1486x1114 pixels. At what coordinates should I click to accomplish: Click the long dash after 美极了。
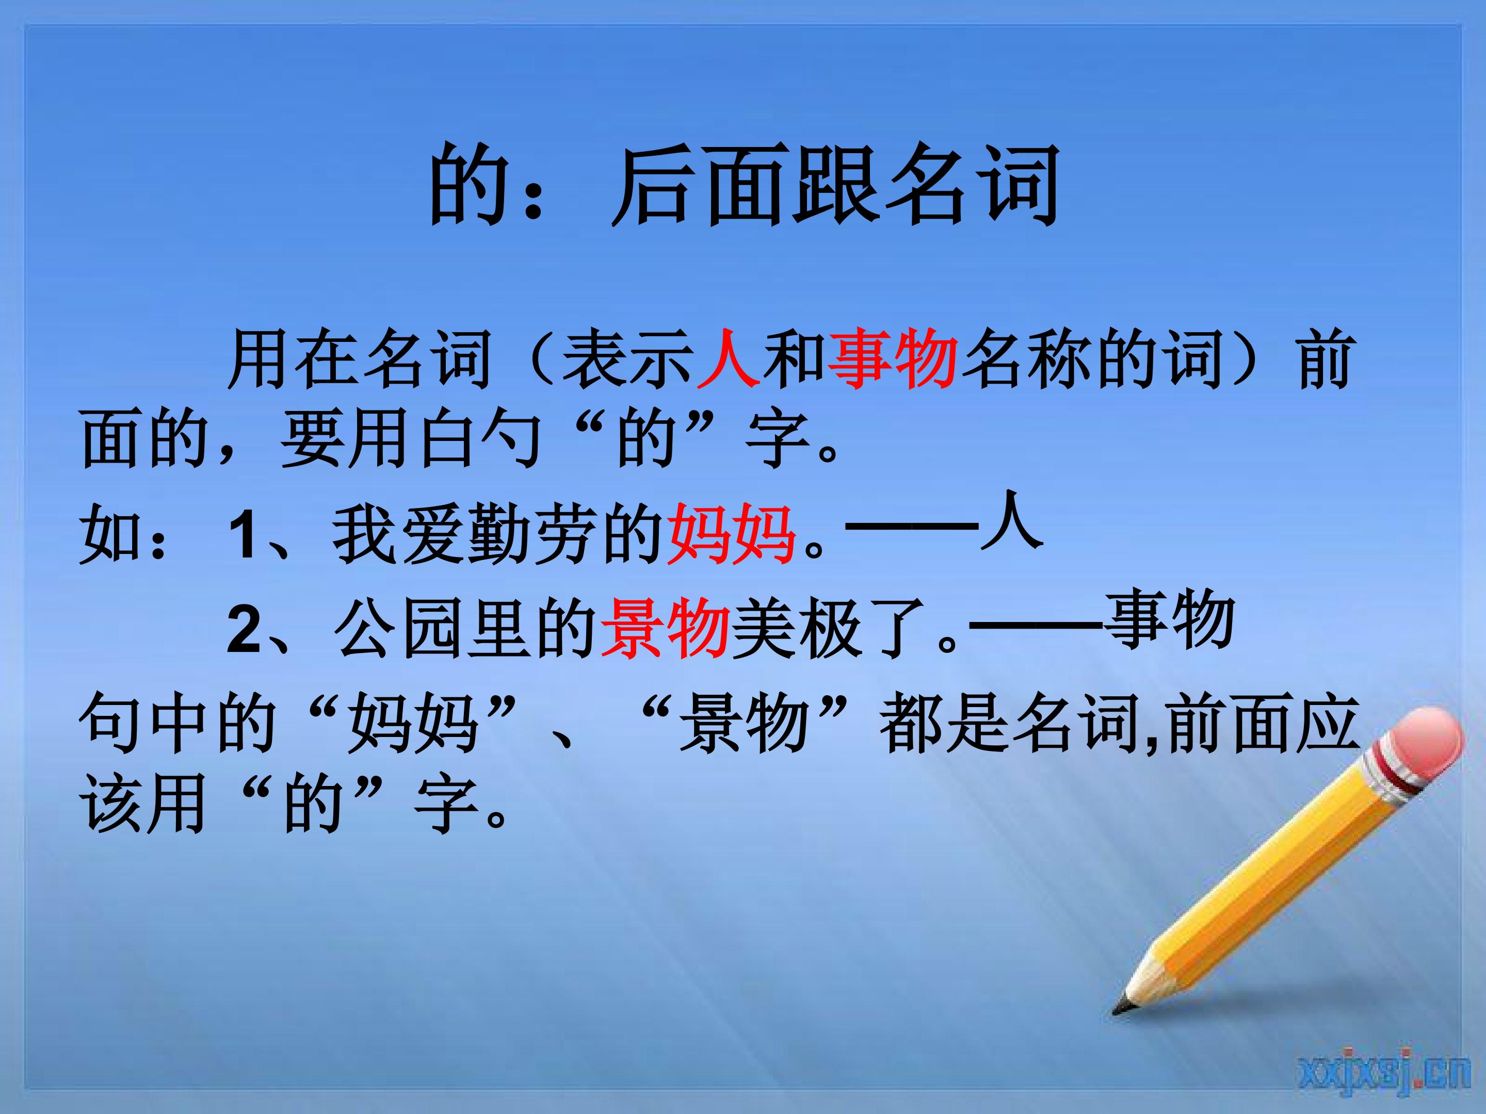pos(1035,625)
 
